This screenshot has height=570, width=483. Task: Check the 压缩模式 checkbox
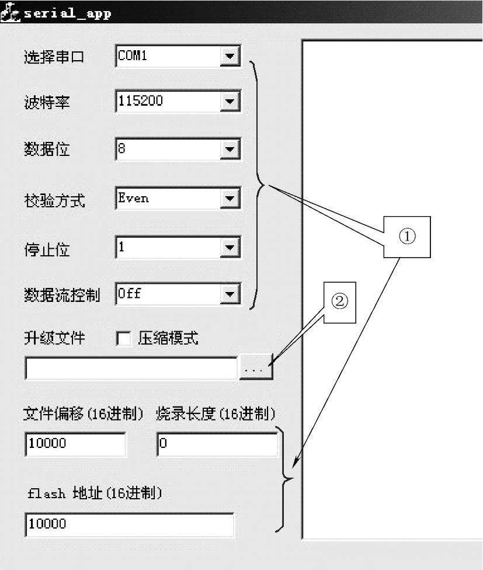[124, 339]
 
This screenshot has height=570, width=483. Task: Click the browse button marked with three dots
[256, 369]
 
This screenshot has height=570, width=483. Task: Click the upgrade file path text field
[131, 369]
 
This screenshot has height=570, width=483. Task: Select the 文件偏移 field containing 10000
[75, 444]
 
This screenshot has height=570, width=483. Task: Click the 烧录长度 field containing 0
[217, 444]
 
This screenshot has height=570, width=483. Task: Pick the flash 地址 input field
[129, 524]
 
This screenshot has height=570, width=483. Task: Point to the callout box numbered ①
[406, 237]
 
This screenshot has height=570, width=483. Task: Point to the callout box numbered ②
[340, 301]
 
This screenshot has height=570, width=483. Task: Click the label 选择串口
[54, 57]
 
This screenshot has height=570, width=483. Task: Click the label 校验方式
[54, 201]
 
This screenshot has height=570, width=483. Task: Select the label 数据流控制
[61, 295]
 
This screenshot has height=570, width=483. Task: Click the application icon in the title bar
[11, 13]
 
